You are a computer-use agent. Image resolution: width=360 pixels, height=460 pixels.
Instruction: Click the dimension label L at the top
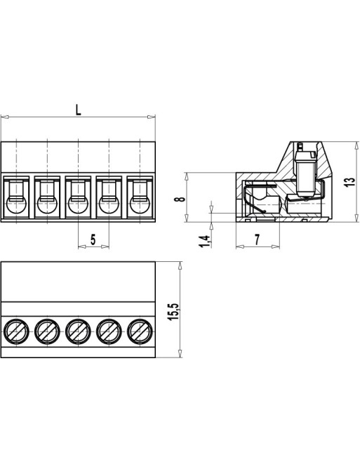point(78,109)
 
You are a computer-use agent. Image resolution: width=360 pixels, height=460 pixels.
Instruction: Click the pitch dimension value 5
point(93,239)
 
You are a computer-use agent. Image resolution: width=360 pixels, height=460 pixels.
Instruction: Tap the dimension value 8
point(180,198)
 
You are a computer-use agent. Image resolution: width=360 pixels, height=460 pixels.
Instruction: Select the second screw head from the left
point(46,329)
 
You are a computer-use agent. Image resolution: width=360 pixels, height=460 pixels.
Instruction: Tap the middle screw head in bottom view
point(78,329)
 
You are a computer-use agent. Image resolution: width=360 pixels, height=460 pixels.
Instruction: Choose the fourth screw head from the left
point(109,329)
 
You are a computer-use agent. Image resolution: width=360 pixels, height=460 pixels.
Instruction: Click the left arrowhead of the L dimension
point(4,117)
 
